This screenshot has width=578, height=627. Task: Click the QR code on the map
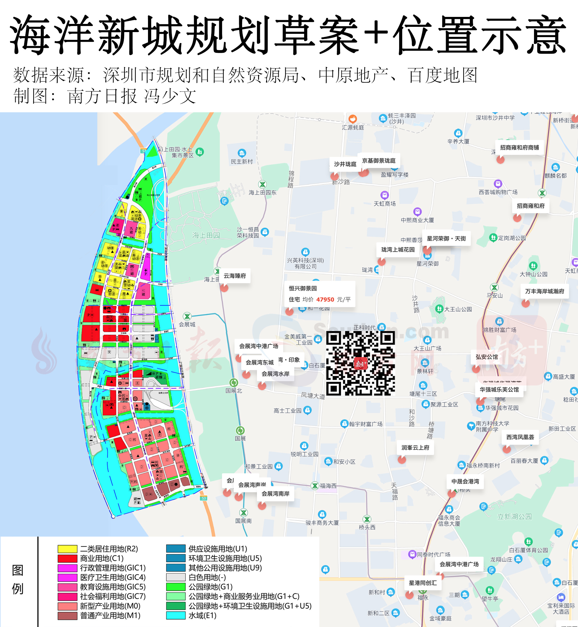tap(360, 363)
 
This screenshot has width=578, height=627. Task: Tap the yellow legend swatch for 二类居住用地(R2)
tap(67, 549)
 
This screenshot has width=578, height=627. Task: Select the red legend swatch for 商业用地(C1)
tap(67, 558)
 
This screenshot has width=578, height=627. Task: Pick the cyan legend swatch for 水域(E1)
tap(176, 615)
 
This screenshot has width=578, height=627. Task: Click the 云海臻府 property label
tap(235, 276)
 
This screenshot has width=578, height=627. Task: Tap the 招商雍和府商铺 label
tap(519, 148)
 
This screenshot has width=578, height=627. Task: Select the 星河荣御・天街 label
tap(446, 239)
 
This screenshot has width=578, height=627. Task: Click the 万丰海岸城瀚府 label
tap(544, 291)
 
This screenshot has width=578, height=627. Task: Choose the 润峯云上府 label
tap(415, 448)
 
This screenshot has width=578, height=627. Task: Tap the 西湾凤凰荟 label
tap(520, 437)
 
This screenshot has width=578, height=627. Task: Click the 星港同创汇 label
tap(423, 583)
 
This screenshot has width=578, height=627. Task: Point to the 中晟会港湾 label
tap(465, 481)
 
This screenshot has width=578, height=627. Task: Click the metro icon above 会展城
tap(187, 316)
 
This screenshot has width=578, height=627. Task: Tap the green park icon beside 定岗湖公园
tap(493, 238)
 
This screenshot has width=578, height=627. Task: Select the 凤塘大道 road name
tap(313, 396)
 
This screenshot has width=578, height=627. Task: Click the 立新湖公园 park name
tap(514, 516)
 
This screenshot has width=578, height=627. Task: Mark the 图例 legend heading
tap(17, 579)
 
